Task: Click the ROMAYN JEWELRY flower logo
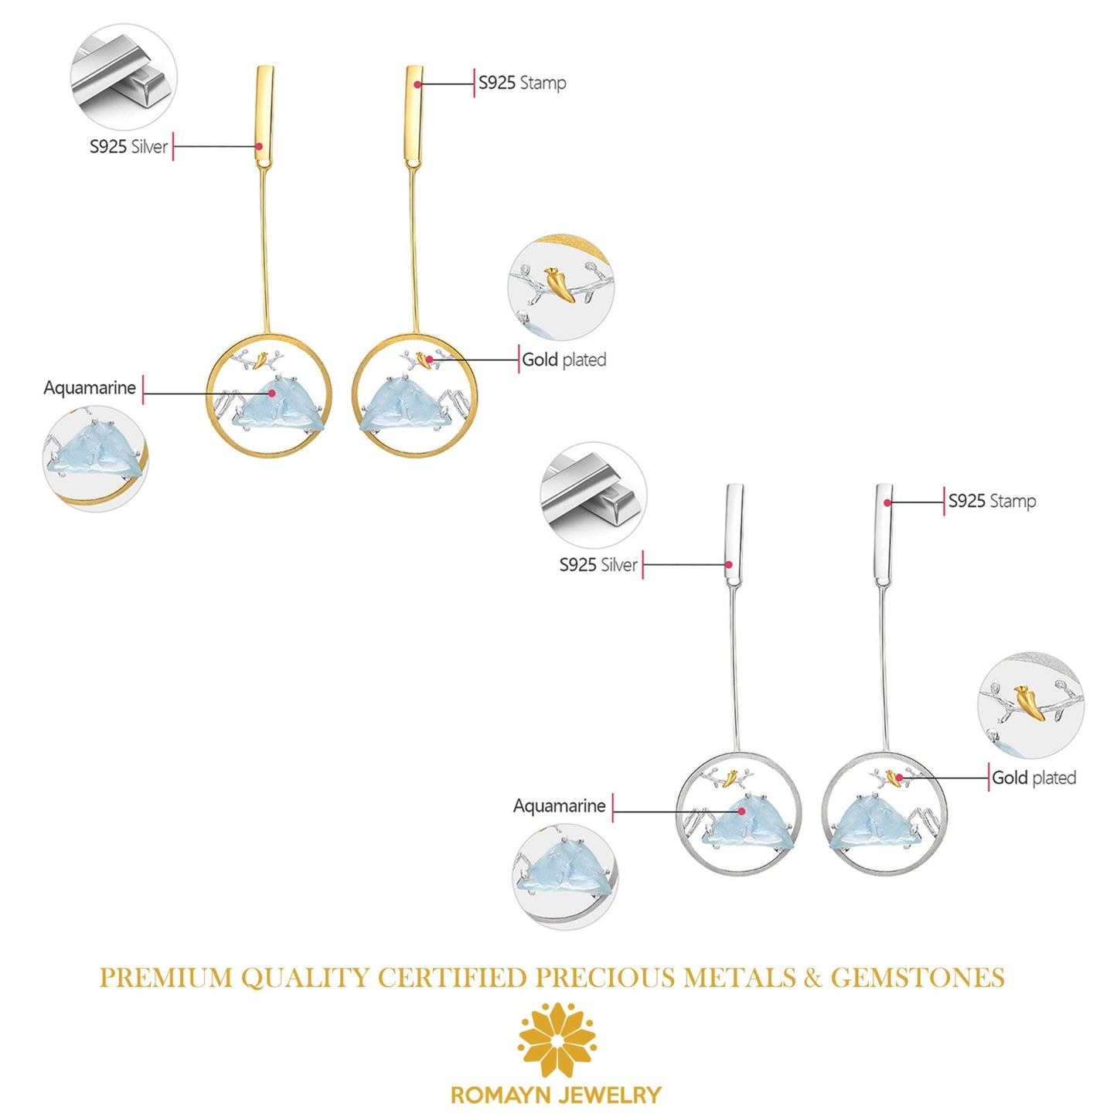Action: pyautogui.click(x=557, y=1040)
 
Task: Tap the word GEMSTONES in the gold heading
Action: pyautogui.click(x=918, y=978)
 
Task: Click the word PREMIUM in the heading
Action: pyautogui.click(x=165, y=978)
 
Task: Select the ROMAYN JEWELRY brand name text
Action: pyautogui.click(x=557, y=1095)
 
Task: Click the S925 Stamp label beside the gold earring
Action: pyautogui.click(x=522, y=83)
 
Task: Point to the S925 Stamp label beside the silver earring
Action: pyautogui.click(x=992, y=501)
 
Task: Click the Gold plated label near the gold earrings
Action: pyautogui.click(x=564, y=359)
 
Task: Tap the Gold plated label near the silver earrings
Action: pyautogui.click(x=1034, y=778)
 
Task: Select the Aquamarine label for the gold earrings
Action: pyautogui.click(x=90, y=388)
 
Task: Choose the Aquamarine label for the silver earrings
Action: pyautogui.click(x=559, y=806)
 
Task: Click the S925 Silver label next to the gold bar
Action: pyautogui.click(x=128, y=147)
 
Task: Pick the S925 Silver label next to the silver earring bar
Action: pyautogui.click(x=598, y=565)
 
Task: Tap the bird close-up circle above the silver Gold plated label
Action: pyautogui.click(x=1030, y=704)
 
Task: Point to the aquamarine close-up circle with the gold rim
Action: pyautogui.click(x=95, y=458)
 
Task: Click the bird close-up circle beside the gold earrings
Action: pyautogui.click(x=561, y=287)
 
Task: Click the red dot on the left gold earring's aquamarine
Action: pyautogui.click(x=272, y=393)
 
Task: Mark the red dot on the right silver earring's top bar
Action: pyautogui.click(x=887, y=502)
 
